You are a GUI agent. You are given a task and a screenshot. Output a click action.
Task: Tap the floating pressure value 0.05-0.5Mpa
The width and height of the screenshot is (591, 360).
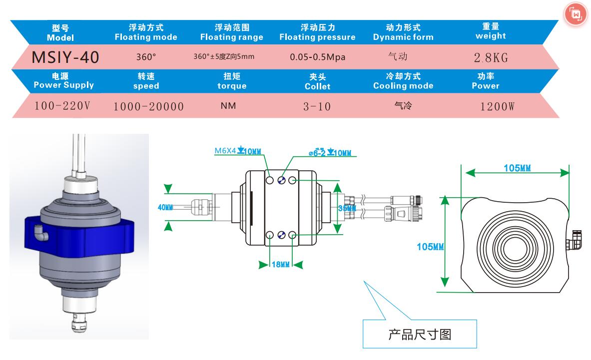[x=317, y=57]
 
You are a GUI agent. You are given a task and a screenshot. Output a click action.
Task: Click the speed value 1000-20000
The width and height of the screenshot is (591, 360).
[x=148, y=106]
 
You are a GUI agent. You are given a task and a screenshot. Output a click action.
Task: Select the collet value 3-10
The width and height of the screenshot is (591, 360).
[x=317, y=106]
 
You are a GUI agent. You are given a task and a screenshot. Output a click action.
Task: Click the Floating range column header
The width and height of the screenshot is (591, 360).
[x=231, y=32]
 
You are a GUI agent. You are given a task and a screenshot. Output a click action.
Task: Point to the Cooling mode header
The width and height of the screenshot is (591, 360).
[x=403, y=81]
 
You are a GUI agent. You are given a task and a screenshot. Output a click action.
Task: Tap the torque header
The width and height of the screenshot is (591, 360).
[x=231, y=81]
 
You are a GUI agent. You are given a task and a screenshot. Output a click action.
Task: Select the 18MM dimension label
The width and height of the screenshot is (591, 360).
[x=280, y=265]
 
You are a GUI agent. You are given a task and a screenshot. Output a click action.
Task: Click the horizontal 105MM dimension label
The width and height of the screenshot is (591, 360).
[x=517, y=168]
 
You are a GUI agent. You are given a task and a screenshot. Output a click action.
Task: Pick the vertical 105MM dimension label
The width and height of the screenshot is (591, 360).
[x=431, y=246]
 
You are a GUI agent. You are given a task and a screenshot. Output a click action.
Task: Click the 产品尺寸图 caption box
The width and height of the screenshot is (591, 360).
[x=420, y=334]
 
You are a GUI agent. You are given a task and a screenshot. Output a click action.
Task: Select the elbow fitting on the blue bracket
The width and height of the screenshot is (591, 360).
[x=38, y=230]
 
